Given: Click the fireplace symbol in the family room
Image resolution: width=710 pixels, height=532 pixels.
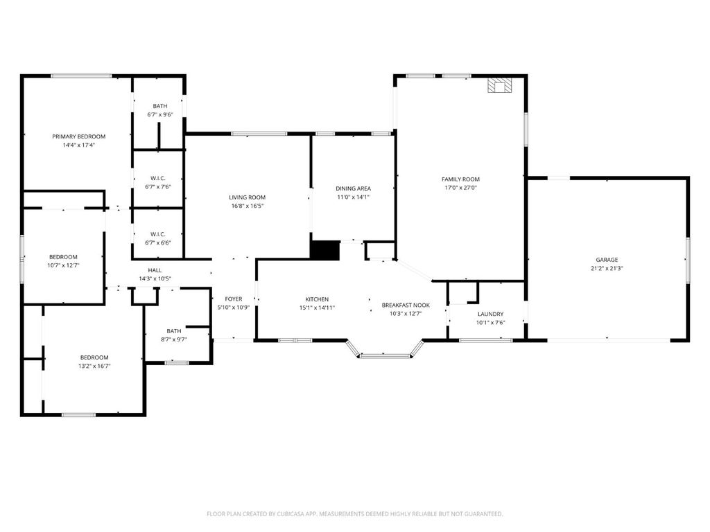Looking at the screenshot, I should [x=499, y=85].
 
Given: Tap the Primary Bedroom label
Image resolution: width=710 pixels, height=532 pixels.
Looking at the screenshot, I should [x=78, y=136].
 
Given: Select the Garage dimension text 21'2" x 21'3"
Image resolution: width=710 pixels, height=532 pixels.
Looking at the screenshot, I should [x=607, y=268].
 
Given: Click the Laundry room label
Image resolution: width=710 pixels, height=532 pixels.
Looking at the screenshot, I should [x=490, y=314].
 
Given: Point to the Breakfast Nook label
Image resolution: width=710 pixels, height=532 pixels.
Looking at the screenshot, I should [x=406, y=305].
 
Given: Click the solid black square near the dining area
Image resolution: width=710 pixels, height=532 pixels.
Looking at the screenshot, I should [x=324, y=250].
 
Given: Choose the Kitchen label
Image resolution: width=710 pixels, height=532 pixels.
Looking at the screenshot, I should [x=317, y=299].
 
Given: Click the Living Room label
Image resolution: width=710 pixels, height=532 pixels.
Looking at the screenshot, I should [x=247, y=197].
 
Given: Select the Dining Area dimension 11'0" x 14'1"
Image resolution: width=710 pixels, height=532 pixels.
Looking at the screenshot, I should [x=353, y=197].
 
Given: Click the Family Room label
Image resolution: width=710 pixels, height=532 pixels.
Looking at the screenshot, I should [x=461, y=179].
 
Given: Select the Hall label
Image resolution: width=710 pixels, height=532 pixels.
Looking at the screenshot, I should [x=155, y=270].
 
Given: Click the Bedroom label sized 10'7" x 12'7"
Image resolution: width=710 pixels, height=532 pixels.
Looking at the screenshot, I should [x=63, y=256].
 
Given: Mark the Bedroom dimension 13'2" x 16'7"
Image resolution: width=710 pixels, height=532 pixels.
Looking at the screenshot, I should [x=94, y=366].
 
